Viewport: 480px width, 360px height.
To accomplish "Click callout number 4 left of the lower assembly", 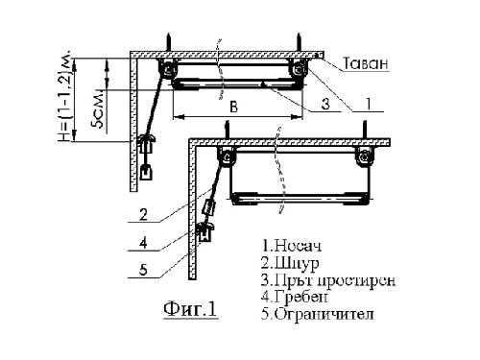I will [142, 242].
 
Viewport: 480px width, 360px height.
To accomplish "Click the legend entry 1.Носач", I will [289, 246].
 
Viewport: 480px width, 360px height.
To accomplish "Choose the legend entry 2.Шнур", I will [287, 263].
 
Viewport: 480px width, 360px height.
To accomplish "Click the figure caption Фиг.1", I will [189, 309].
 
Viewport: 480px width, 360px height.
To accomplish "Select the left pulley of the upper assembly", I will [168, 69].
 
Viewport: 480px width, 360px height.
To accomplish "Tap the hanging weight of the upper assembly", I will [147, 173].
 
